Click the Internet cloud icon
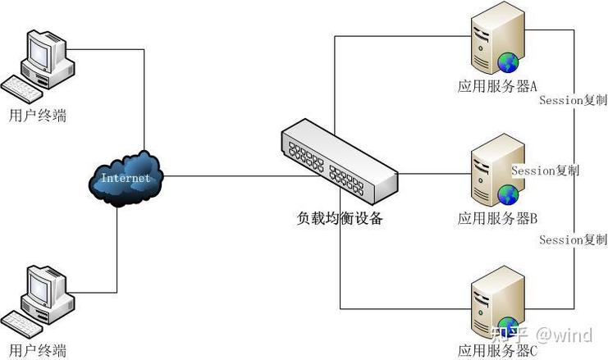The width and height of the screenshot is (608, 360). pos(126,178)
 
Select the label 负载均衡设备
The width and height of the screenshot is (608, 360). pos(340,219)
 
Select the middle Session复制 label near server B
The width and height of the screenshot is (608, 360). pos(545,171)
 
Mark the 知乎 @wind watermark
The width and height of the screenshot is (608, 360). pos(542,335)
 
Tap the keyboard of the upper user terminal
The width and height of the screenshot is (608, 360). pos(25,85)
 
